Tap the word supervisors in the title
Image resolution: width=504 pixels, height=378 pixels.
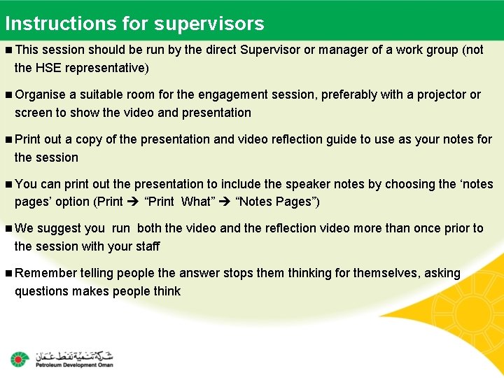(209, 24)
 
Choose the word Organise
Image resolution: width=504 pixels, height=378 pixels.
(40, 94)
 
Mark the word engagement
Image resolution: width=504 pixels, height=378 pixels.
(232, 94)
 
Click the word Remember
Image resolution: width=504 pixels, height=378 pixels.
(45, 273)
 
